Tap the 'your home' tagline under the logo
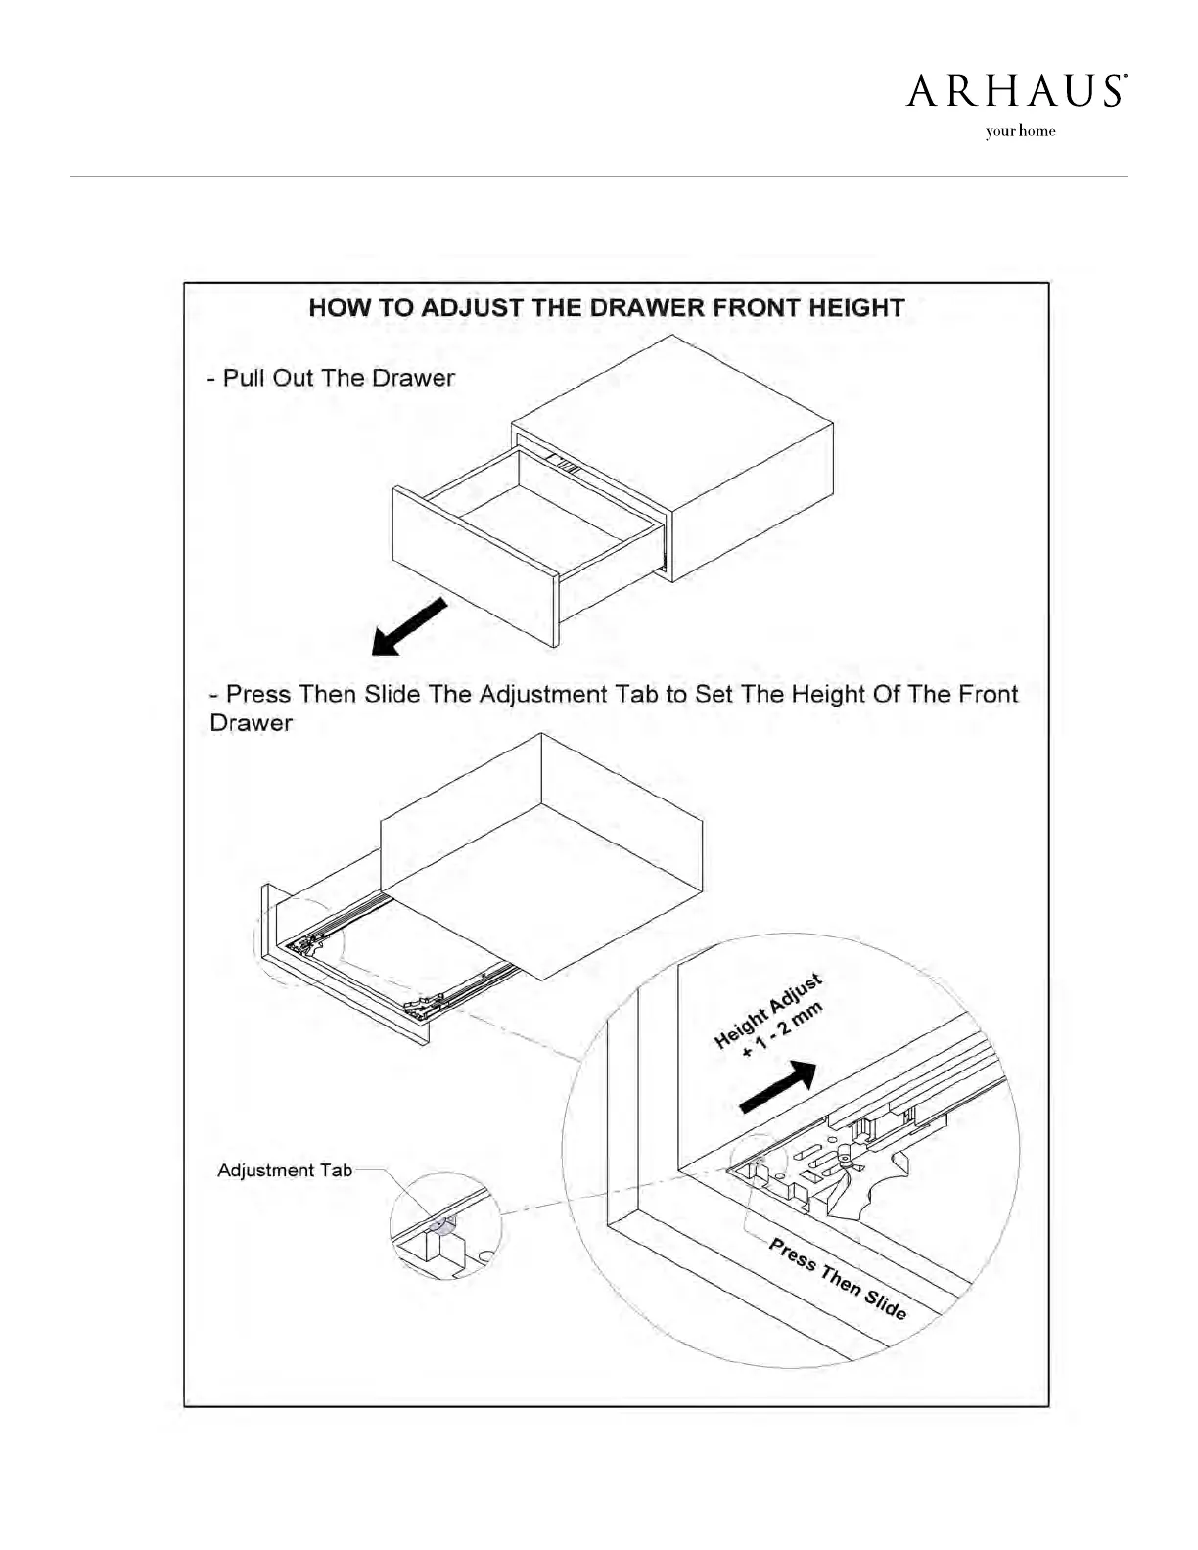[1020, 131]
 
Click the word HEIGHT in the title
[856, 308]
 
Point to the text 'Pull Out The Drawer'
[339, 379]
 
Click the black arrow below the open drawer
[409, 626]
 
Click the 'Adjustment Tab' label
[284, 1170]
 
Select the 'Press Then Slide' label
[837, 1279]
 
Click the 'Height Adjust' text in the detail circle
[767, 1012]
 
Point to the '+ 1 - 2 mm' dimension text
[783, 1031]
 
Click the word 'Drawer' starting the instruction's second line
[252, 724]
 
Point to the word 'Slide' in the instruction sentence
[392, 695]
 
